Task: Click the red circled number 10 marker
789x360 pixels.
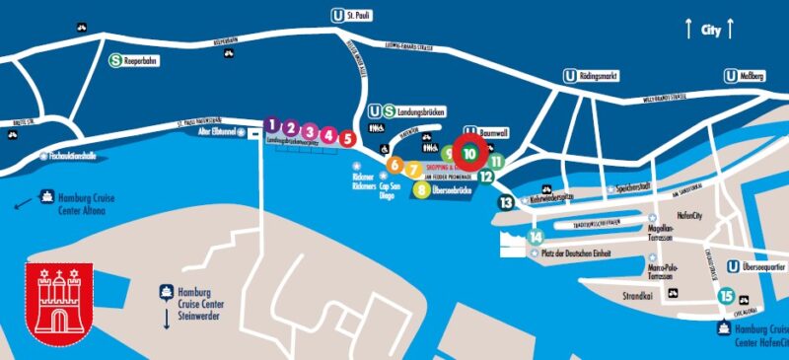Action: pos(470,153)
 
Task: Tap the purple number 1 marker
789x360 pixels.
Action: pos(271,125)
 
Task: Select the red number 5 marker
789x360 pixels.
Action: pos(347,138)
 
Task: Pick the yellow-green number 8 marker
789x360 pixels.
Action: pos(421,189)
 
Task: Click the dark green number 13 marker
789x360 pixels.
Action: pos(506,202)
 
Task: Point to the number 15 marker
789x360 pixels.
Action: pos(727,296)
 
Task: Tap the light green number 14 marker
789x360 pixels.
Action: pos(536,237)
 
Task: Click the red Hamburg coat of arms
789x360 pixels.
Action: pos(58,301)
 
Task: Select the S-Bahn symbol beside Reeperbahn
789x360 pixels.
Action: pos(115,59)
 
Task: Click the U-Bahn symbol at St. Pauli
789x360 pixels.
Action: pos(338,15)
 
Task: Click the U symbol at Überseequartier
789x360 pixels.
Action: pos(733,266)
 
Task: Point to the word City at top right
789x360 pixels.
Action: pos(710,31)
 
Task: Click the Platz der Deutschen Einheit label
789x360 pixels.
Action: pos(576,253)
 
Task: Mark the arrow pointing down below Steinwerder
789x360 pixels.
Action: pos(167,322)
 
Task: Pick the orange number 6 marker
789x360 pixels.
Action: pos(394,165)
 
